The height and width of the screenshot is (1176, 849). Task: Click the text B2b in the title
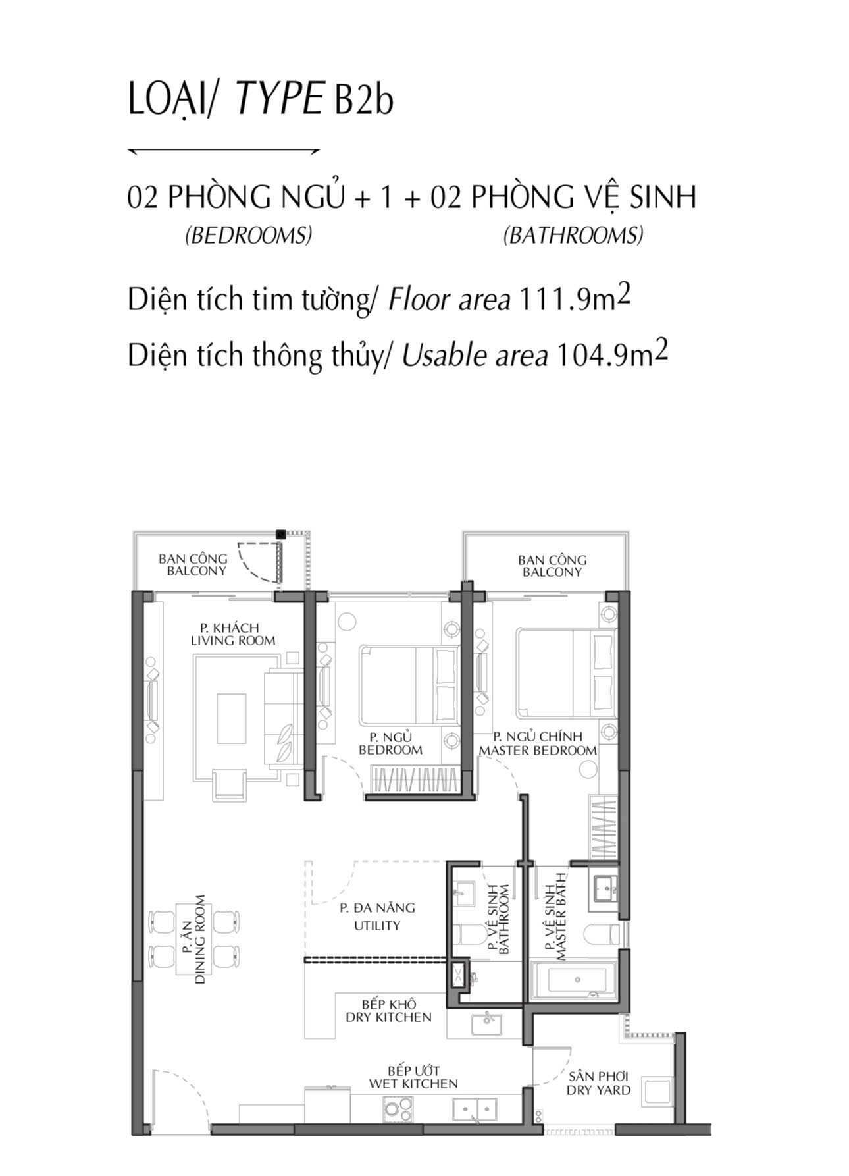coord(364,100)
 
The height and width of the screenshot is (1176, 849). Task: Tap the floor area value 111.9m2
coord(575,299)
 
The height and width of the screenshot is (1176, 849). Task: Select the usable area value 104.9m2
coord(612,354)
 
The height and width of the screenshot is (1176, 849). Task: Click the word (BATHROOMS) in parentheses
coord(573,235)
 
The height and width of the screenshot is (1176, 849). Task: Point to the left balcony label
coord(193,565)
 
